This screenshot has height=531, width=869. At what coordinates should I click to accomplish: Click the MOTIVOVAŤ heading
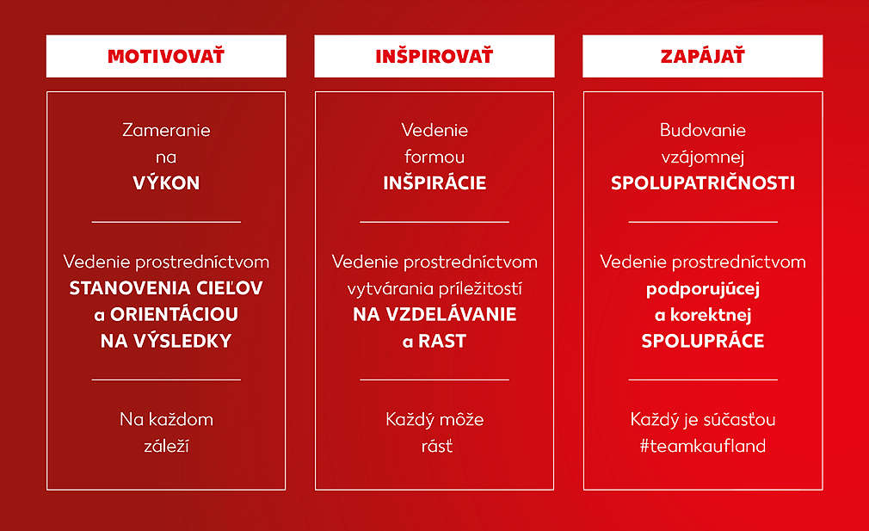tap(166, 56)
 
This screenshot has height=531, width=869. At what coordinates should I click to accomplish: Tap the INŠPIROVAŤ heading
tap(434, 56)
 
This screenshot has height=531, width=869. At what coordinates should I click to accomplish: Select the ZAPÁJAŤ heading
tap(702, 56)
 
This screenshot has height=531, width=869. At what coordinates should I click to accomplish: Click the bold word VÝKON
tap(166, 182)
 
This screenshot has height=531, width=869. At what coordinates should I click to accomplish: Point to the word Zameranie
tap(166, 130)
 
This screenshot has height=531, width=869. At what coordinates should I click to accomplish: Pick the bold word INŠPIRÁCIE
tap(434, 182)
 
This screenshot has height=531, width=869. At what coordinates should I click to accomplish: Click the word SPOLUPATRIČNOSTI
tap(703, 183)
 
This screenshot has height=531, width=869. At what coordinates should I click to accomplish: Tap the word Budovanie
tap(703, 130)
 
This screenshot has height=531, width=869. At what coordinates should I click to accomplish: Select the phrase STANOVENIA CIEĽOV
tap(166, 288)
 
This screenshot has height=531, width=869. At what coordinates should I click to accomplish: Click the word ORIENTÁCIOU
tap(174, 314)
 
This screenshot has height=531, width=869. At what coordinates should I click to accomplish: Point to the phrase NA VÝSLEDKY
tap(166, 340)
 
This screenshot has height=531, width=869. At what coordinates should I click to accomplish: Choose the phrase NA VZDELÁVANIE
tap(434, 314)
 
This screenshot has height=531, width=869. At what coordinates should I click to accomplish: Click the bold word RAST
tap(441, 341)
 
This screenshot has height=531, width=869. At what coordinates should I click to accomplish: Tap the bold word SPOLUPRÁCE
tap(703, 340)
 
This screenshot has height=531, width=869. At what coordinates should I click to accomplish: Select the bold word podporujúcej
tap(703, 289)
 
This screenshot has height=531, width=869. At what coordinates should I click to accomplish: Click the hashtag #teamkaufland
tap(703, 446)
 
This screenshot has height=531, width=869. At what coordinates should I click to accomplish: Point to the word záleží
tap(166, 446)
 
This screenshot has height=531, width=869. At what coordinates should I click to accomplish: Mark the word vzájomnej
tap(703, 157)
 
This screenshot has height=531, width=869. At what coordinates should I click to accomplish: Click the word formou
tap(434, 157)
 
